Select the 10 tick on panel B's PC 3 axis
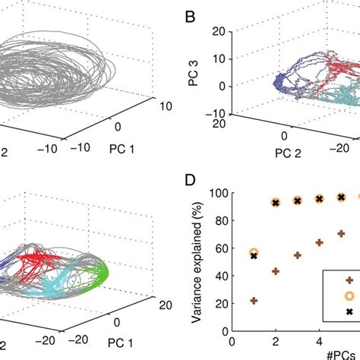coord(219,58)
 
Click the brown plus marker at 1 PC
coord(254,301)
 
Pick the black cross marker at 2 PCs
coord(276,202)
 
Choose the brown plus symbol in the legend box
coord(349,280)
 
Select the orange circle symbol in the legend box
coord(349,296)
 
